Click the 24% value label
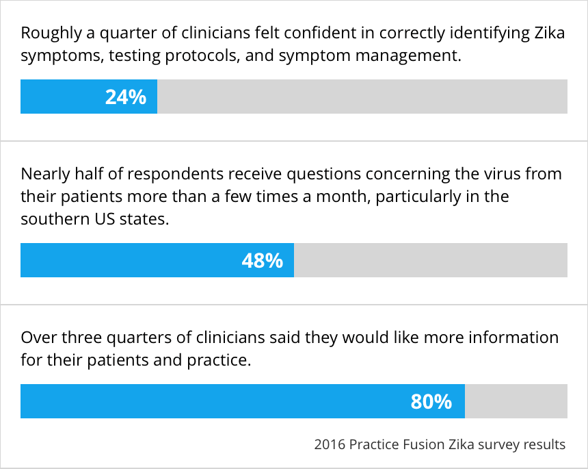tap(126, 97)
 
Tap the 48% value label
tap(263, 261)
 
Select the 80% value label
tap(431, 401)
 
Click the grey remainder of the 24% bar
tap(362, 97)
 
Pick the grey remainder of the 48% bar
tap(431, 260)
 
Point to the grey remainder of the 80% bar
tap(516, 401)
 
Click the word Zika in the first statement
tap(549, 33)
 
